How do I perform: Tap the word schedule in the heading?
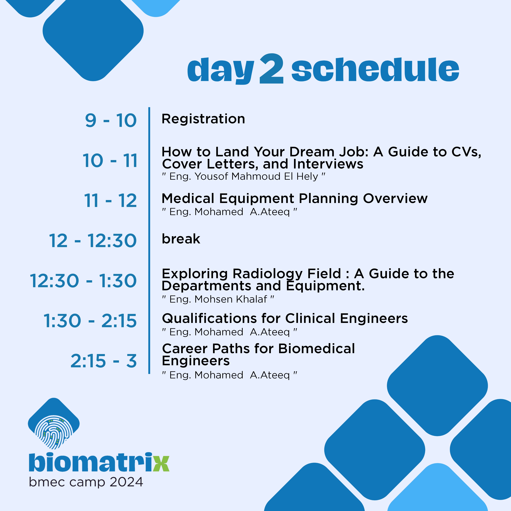pos(375,69)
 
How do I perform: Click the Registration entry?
pos(203,119)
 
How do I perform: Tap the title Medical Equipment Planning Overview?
pos(294,199)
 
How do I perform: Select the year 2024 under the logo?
pos(126,482)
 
